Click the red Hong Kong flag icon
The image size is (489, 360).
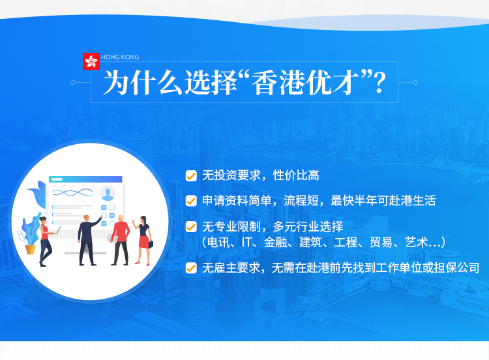pos(91,61)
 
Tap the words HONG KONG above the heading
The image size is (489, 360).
pos(120,57)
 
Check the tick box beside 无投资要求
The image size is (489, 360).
pos(191,176)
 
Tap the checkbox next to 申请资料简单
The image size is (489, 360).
pos(191,201)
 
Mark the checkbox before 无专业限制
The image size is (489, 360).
pos(191,227)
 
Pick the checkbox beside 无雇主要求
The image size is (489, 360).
pos(191,268)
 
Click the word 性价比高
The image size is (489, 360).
pos(296,175)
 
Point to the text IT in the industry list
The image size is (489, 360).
pos(246,242)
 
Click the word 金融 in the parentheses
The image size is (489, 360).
pos(275,242)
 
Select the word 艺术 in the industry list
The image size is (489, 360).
pos(417,242)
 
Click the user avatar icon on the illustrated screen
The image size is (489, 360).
pos(108,193)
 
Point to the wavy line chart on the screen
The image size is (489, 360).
pos(72,192)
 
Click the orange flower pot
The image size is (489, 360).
pos(30,250)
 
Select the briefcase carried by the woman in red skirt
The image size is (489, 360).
pos(151,245)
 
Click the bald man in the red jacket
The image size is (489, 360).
pos(121,239)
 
